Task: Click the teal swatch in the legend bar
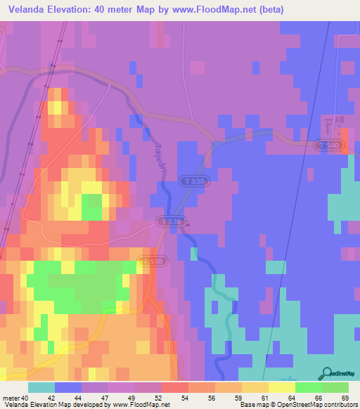tap(41, 388)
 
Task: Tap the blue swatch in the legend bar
tap(68, 388)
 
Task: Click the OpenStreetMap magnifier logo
tap(326, 372)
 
